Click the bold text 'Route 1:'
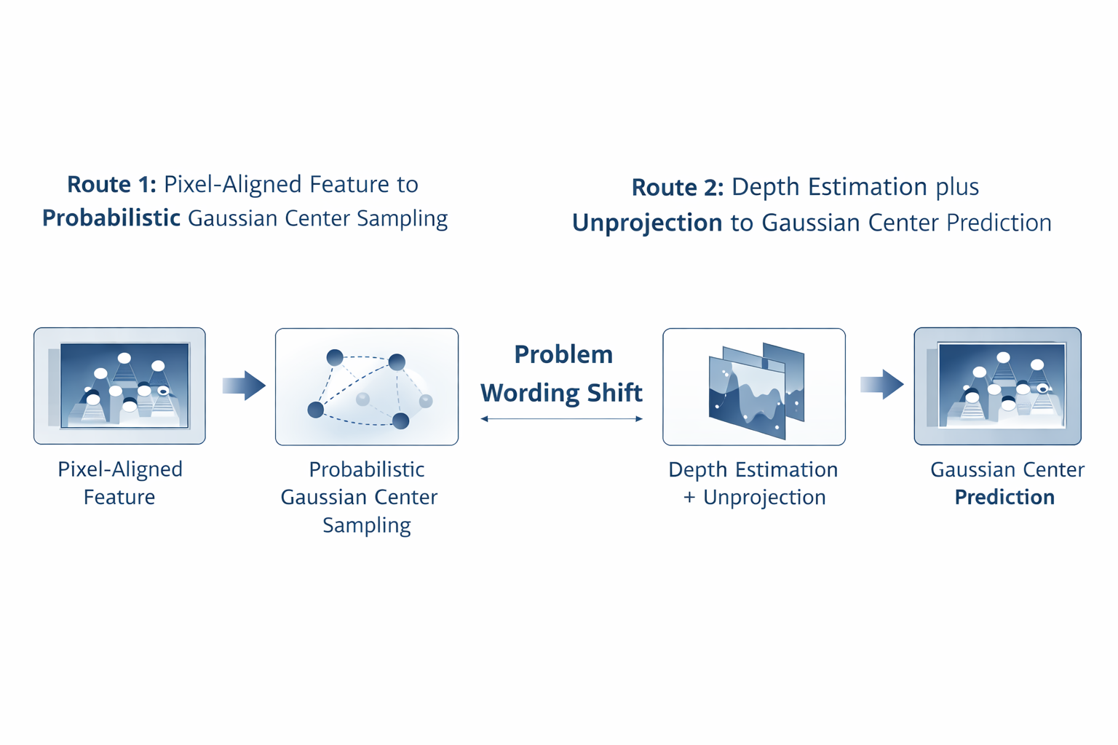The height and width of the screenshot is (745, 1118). click(111, 185)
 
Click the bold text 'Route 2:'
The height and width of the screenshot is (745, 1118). click(677, 188)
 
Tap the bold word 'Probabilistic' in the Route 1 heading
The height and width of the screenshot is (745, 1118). click(111, 218)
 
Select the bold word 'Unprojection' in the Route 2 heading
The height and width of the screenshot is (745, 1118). click(647, 223)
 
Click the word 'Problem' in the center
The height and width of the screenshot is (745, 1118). click(563, 355)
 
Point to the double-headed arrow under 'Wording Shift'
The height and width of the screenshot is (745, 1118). click(561, 419)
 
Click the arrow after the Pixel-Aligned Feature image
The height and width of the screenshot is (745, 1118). click(244, 386)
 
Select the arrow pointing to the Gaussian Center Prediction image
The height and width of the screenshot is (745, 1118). click(881, 384)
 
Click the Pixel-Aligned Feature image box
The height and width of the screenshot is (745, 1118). click(119, 386)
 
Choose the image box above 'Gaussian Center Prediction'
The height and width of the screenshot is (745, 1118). click(997, 386)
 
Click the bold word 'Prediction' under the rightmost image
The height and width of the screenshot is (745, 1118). click(1004, 498)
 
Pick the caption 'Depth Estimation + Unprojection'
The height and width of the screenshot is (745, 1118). click(753, 484)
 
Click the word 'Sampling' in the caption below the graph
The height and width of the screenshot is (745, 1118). click(367, 525)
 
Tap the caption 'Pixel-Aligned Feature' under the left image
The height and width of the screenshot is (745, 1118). click(120, 484)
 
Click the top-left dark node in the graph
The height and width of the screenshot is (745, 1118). click(335, 357)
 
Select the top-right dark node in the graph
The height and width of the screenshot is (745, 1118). click(397, 362)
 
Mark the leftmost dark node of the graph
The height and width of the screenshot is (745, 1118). click(315, 410)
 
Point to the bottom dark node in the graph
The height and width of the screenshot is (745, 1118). click(400, 421)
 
